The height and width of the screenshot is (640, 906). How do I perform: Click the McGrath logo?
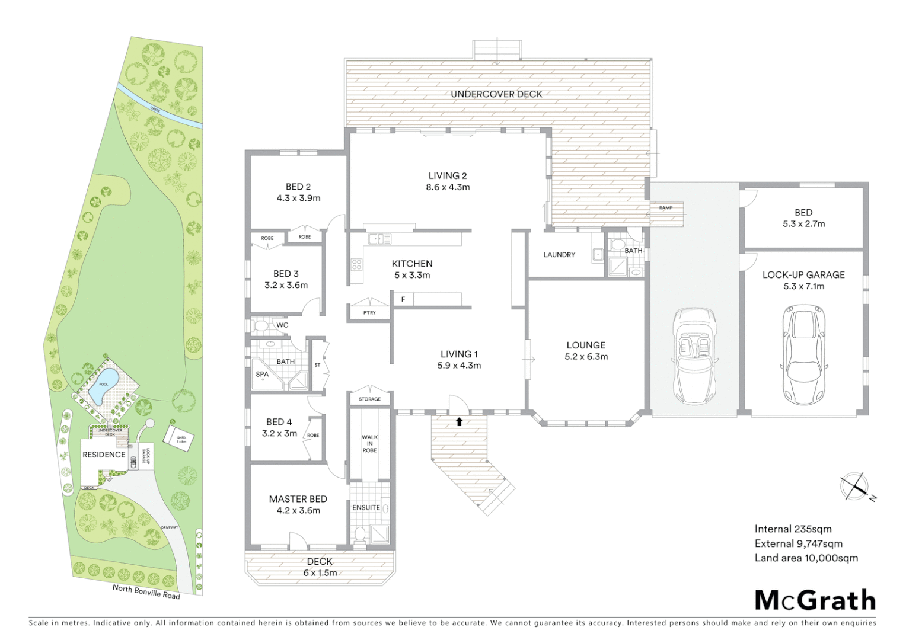coord(815,600)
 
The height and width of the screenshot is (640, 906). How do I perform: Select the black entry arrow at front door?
coord(459,422)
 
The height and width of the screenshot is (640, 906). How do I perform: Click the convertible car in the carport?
coord(694,356)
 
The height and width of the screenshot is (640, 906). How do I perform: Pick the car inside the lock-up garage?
coord(804,354)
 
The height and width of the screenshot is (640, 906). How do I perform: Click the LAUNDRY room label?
coord(559,255)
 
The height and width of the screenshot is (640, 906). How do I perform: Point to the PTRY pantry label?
coord(369,313)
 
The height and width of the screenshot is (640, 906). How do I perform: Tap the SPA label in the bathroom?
coord(262,374)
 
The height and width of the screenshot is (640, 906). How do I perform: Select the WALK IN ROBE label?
coord(369,444)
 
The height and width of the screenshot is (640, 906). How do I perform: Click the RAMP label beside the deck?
coord(666,208)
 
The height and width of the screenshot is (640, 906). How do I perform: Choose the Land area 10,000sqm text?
coord(806,558)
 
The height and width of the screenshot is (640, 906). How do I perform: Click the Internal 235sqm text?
coord(793,529)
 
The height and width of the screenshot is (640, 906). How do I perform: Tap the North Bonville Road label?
coord(146,591)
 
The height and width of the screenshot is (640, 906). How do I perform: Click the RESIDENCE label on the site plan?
coord(104,455)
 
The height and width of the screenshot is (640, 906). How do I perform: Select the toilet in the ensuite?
coord(359,535)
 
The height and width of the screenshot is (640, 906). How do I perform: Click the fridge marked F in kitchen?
coord(403,299)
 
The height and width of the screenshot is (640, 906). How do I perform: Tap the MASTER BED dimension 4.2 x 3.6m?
coord(298,510)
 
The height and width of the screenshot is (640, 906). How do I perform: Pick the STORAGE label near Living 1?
coord(369,399)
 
